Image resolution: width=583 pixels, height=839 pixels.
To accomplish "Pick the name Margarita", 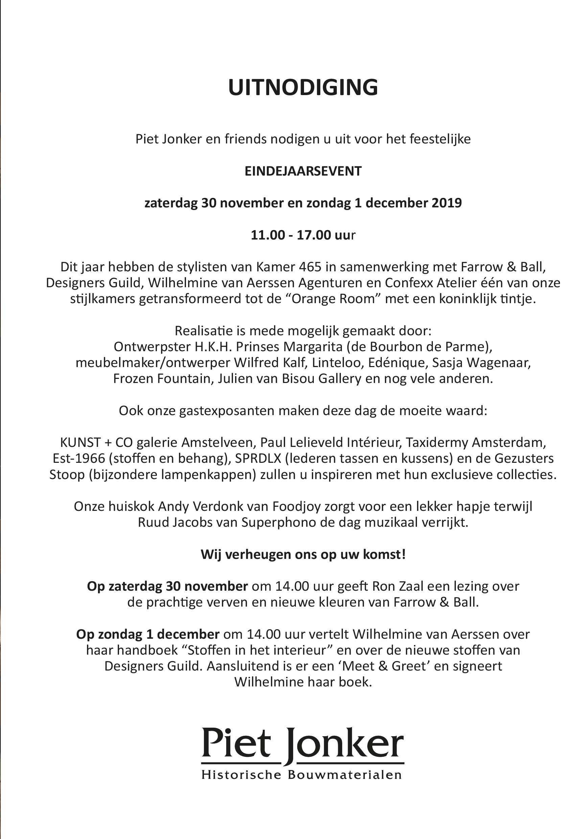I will (x=309, y=346).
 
